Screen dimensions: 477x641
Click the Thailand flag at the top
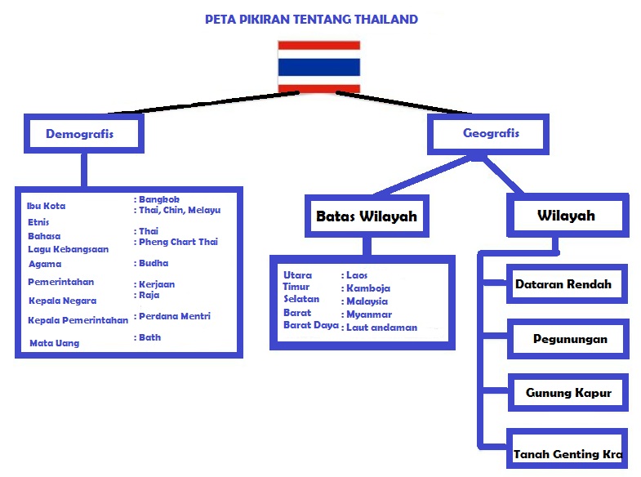(x=319, y=66)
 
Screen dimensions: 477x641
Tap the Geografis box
(x=490, y=133)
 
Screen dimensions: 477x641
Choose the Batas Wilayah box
(x=367, y=216)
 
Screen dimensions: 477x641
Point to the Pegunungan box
(x=569, y=338)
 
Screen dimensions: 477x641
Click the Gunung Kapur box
(x=568, y=393)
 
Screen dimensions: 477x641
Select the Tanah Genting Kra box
(x=568, y=454)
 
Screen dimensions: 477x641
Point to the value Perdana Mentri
(x=174, y=316)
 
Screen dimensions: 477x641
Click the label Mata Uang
(x=54, y=343)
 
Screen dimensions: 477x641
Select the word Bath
(x=149, y=337)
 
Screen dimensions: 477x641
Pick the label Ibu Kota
(x=46, y=206)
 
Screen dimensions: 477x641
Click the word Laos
(x=356, y=275)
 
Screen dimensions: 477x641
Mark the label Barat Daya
(x=310, y=325)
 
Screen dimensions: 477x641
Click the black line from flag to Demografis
(x=204, y=100)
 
